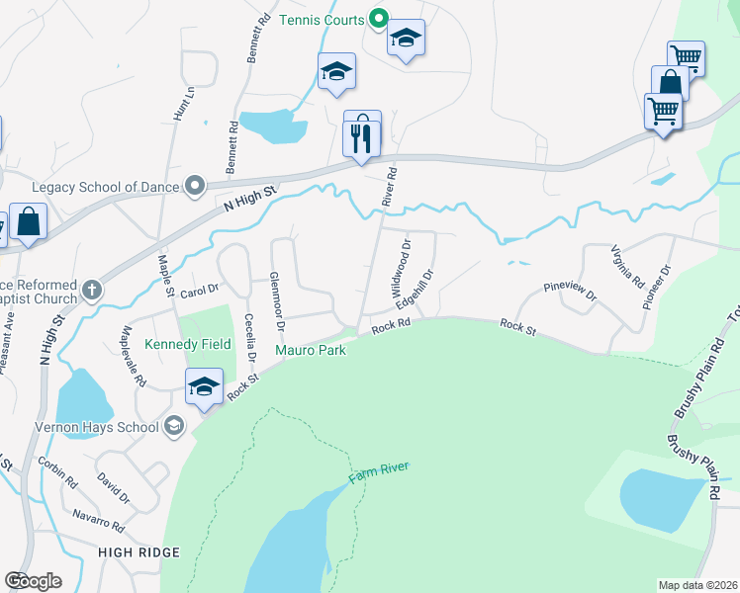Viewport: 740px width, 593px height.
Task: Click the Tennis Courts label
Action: pos(322,20)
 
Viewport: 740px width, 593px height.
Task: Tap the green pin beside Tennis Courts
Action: pos(378,18)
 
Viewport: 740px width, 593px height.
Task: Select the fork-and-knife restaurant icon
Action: pos(362,134)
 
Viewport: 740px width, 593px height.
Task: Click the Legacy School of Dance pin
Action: pos(195,186)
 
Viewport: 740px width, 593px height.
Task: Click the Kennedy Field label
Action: pos(188,344)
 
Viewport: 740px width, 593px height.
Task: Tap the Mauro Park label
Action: pos(310,350)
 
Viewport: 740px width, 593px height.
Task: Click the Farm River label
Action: pos(378,473)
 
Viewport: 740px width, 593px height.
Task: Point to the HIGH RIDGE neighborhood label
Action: pos(139,551)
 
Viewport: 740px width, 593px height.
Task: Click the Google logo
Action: pos(33,581)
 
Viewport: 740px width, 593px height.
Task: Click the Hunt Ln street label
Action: pos(181,103)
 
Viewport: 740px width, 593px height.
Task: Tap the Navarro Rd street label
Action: pos(98,519)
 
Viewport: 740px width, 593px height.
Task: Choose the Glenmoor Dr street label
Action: pos(278,300)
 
